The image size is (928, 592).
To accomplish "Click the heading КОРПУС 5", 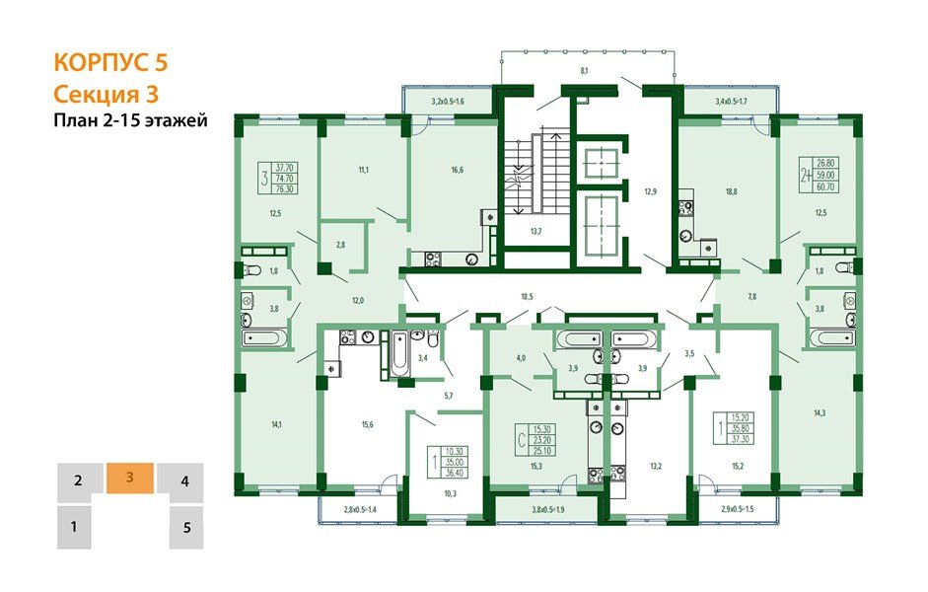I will click(110, 63).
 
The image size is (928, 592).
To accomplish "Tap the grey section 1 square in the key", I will click(74, 528).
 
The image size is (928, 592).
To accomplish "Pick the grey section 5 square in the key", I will click(185, 528).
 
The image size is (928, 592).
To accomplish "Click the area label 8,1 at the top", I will click(584, 71).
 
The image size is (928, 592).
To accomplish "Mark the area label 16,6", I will click(457, 169).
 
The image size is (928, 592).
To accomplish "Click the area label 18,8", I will click(731, 192).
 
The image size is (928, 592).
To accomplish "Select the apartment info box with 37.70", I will click(277, 180).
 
